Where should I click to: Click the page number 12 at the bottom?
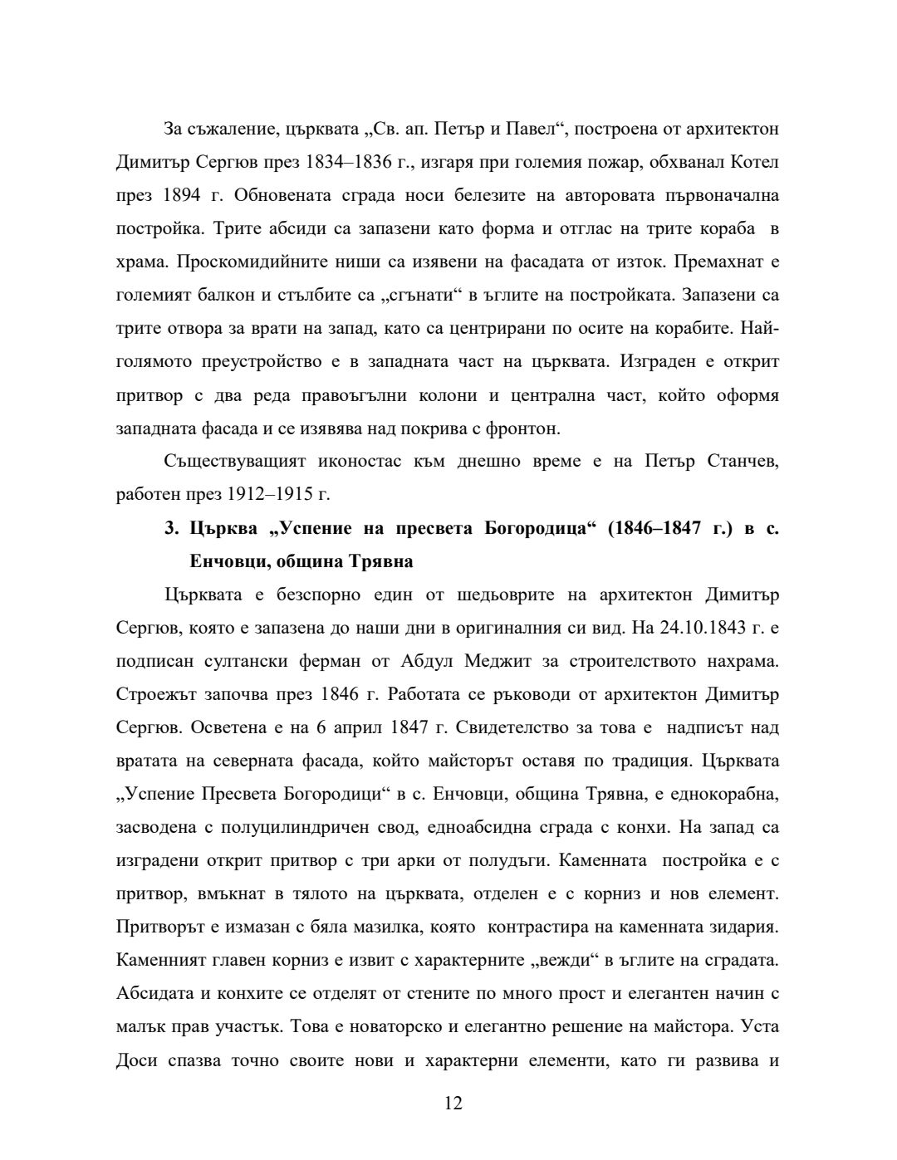(x=453, y=1104)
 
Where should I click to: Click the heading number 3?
(x=170, y=528)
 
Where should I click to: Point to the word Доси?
(x=135, y=1060)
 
